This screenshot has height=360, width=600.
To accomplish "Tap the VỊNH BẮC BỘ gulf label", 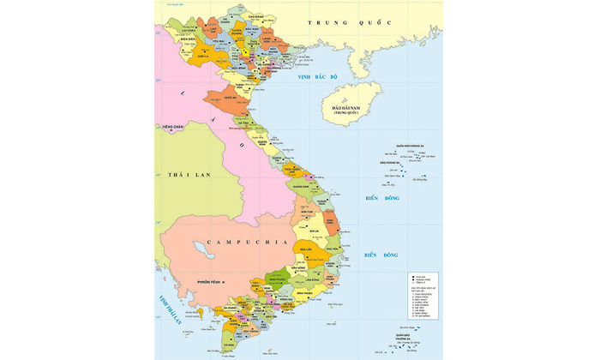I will (319, 77).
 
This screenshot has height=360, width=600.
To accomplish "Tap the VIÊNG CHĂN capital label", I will (174, 127).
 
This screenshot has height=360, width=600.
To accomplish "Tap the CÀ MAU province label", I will (229, 345).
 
